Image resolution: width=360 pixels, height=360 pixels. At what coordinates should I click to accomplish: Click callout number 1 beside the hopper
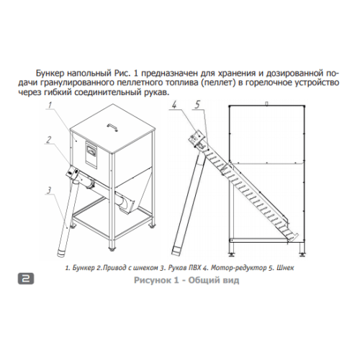[50, 105]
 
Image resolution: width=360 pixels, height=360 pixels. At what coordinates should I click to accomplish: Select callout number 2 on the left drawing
[49, 139]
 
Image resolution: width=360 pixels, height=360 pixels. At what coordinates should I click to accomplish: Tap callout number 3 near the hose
[49, 190]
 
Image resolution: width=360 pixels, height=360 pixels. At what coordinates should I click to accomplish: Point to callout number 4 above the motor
[174, 105]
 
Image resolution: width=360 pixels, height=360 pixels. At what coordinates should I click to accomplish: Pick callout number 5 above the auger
[197, 104]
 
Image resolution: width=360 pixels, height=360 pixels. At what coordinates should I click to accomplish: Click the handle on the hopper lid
[113, 127]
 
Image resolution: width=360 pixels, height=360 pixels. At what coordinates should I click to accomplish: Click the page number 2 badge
[26, 279]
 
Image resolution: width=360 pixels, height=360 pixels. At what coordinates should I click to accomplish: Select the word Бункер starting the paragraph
[50, 73]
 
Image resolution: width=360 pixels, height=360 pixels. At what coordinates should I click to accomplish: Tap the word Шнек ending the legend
[285, 268]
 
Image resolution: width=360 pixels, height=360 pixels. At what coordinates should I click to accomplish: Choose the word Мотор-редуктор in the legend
[238, 268]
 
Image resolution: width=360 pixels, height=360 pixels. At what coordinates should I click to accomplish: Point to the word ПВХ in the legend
[194, 268]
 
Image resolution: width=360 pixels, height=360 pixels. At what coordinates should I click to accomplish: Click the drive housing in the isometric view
[72, 173]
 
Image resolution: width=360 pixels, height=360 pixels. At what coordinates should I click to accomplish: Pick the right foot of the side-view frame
[301, 254]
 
